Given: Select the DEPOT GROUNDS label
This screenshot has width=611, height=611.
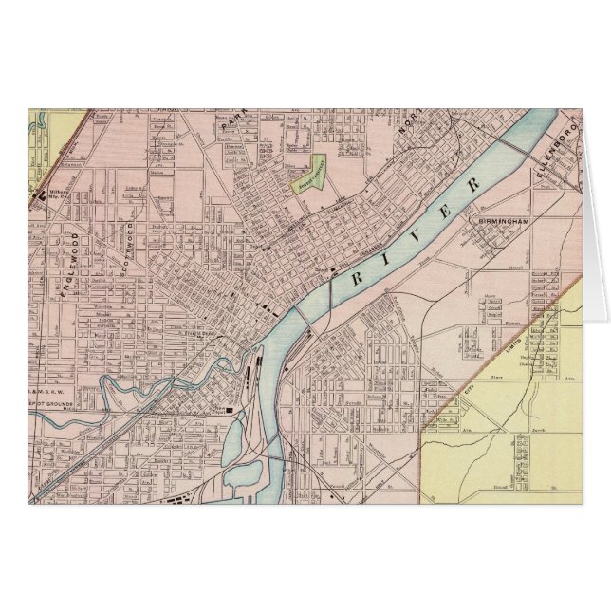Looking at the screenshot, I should coord(59,403).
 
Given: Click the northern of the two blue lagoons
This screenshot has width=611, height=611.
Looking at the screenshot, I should coord(237,435).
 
